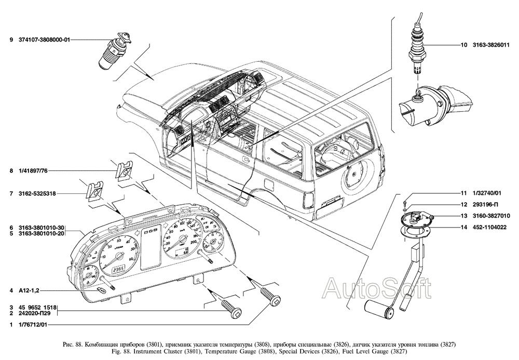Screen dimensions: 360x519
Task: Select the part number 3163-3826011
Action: tap(490, 45)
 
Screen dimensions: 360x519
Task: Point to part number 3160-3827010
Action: tap(490, 216)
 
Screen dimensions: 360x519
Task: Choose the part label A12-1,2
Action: tap(29, 290)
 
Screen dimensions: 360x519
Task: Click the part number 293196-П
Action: tap(485, 204)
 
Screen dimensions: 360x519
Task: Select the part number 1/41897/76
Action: tap(32, 170)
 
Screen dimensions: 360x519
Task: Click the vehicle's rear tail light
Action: tap(307, 199)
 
